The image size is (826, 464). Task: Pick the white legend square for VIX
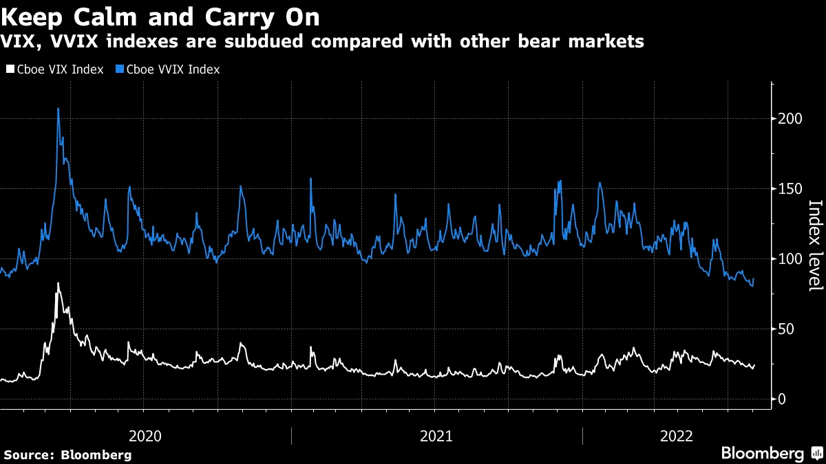tap(9, 69)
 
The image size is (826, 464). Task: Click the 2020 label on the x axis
tap(145, 436)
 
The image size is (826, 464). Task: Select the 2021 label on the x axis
tap(436, 436)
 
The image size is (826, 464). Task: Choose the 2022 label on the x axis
tap(676, 436)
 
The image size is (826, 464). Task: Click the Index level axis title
tap(815, 245)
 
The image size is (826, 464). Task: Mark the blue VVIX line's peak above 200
tap(58, 109)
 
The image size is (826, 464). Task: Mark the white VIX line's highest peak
tap(58, 283)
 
